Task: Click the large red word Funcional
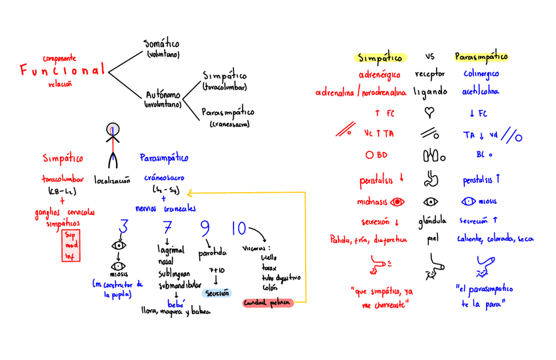(x=62, y=70)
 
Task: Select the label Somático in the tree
(x=161, y=44)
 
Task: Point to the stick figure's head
(x=113, y=129)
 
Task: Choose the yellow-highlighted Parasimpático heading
(x=481, y=57)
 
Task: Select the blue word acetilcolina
(x=481, y=92)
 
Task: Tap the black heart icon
(x=430, y=111)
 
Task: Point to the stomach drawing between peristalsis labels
(x=430, y=177)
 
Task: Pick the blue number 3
(x=122, y=227)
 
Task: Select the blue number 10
(x=239, y=228)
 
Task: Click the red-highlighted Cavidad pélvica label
(x=267, y=302)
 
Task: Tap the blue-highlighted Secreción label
(x=217, y=292)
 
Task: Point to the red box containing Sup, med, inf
(x=70, y=245)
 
